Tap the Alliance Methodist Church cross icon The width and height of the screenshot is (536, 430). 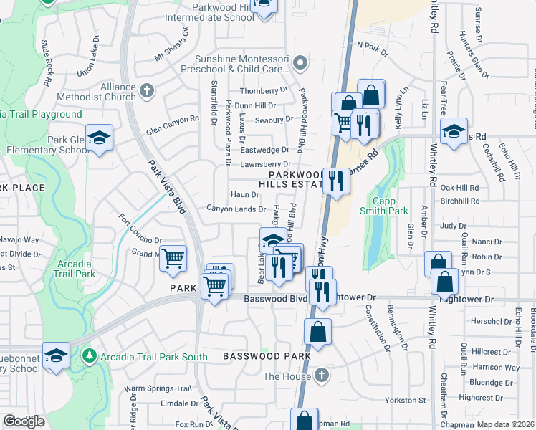[147, 90]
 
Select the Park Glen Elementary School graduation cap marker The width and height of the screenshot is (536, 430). [100, 138]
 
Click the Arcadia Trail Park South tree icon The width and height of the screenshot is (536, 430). [89, 355]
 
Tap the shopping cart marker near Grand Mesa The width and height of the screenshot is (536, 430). [173, 259]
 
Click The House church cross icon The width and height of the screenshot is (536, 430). [322, 376]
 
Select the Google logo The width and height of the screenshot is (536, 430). [24, 421]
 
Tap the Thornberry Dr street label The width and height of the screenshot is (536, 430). [263, 91]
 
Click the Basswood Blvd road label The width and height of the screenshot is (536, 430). [276, 298]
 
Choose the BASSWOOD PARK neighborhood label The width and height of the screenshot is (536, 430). [267, 355]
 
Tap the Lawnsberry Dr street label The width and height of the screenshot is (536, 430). [264, 164]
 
